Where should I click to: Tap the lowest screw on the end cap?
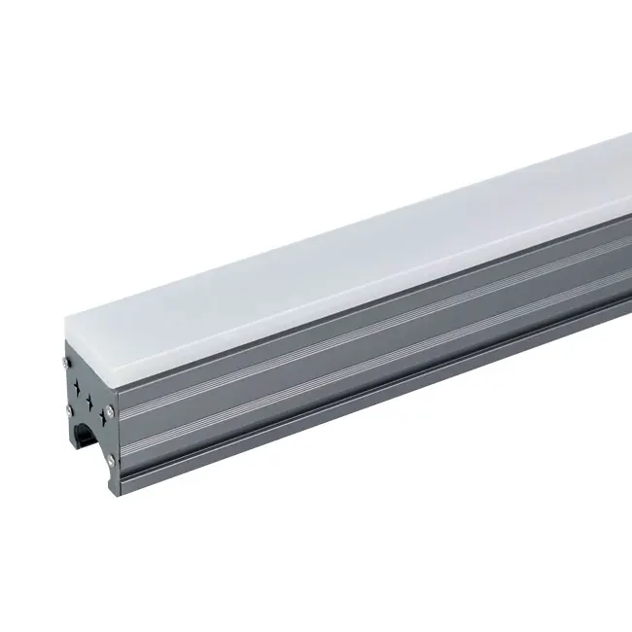(112, 460)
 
